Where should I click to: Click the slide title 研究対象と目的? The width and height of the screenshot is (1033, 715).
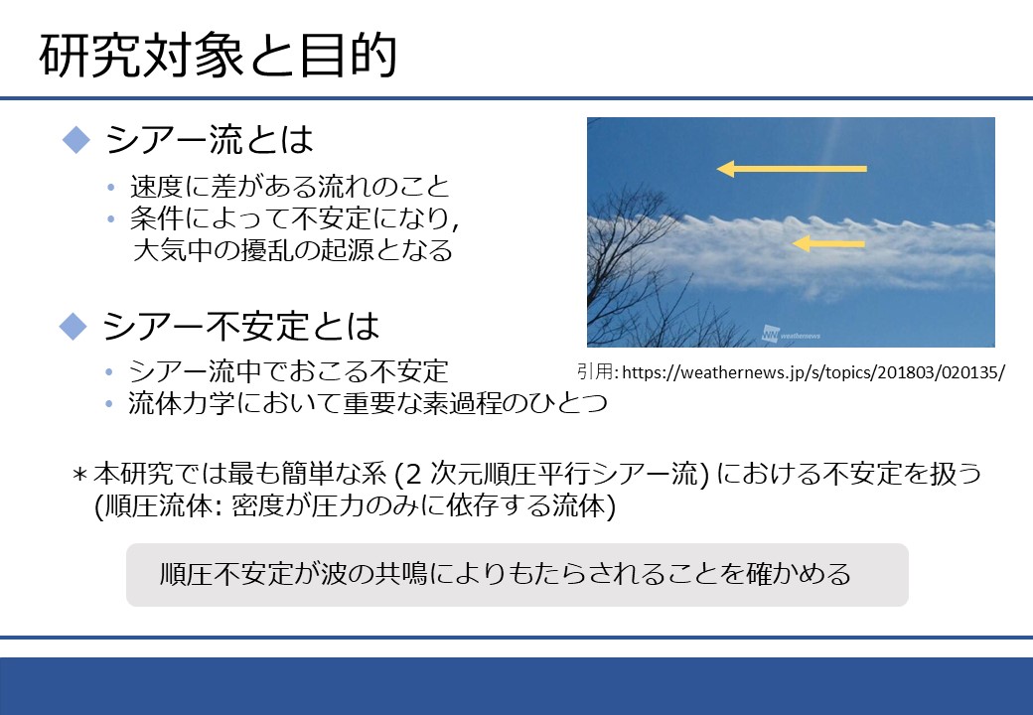219,56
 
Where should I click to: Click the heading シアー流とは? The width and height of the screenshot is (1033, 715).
209,140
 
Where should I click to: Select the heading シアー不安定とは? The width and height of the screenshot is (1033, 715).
240,326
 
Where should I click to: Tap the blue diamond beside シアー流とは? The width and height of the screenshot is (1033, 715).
75,140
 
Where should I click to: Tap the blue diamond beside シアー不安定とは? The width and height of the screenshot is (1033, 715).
74,326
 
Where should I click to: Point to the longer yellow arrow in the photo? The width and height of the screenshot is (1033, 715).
792,169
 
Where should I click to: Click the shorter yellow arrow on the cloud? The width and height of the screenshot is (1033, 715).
828,243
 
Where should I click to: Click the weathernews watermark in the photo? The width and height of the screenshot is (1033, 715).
792,334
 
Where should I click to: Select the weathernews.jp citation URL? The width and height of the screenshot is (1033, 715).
812,372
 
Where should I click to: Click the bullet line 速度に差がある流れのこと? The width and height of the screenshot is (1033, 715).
290,187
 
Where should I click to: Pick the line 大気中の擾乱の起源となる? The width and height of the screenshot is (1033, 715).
292,250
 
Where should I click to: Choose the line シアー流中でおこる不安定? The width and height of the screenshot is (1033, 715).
288,371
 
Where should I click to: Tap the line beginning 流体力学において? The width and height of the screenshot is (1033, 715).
368,403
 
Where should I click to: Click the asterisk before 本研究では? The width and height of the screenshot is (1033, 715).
79,475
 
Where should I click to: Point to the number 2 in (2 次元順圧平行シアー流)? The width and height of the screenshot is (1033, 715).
413,474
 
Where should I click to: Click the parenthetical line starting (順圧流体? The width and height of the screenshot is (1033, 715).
356,505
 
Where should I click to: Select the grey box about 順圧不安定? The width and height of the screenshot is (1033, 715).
517,575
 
